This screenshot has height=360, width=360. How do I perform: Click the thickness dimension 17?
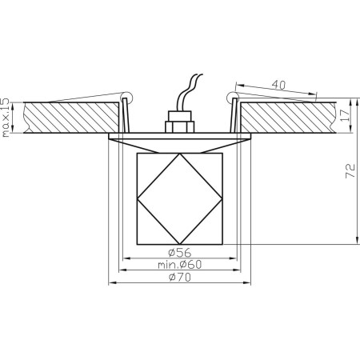(x=345, y=114)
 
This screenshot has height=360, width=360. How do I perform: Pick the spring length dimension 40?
(x=278, y=84)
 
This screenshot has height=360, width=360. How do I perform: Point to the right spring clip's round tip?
(x=233, y=98)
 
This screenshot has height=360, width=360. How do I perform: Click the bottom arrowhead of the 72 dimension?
(x=354, y=239)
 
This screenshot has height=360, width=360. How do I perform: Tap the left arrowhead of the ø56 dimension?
(x=124, y=258)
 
